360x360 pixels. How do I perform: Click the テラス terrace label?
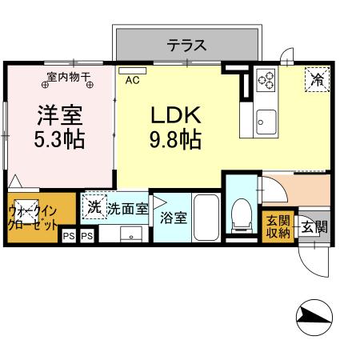(186, 45)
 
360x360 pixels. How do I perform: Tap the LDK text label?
(174, 114)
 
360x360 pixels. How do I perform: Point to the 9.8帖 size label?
(174, 141)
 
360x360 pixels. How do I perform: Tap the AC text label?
(133, 80)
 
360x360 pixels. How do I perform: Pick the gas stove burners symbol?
(265, 80)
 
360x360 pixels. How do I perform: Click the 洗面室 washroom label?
(127, 209)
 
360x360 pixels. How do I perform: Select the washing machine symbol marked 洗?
(95, 207)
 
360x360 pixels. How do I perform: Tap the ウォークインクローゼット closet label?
(32, 217)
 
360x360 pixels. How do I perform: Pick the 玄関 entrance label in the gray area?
(313, 226)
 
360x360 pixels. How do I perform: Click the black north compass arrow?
(314, 321)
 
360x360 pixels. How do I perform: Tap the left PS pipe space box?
(69, 236)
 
